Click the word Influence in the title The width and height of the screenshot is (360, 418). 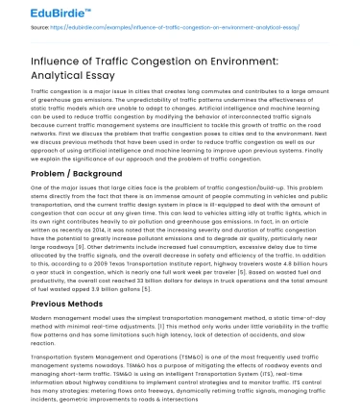[47, 59]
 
